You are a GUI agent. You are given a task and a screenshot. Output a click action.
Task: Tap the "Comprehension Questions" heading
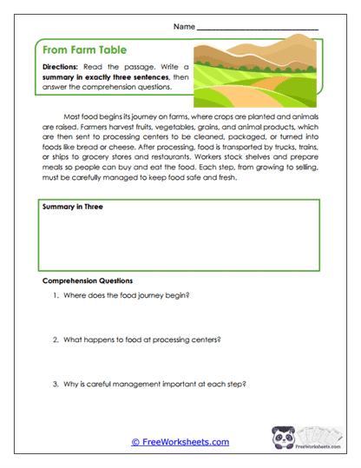pos(87,281)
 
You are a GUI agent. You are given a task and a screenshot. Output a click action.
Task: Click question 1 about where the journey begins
pos(126,296)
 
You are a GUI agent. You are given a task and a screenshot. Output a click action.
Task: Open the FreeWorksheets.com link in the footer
pos(180,442)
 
